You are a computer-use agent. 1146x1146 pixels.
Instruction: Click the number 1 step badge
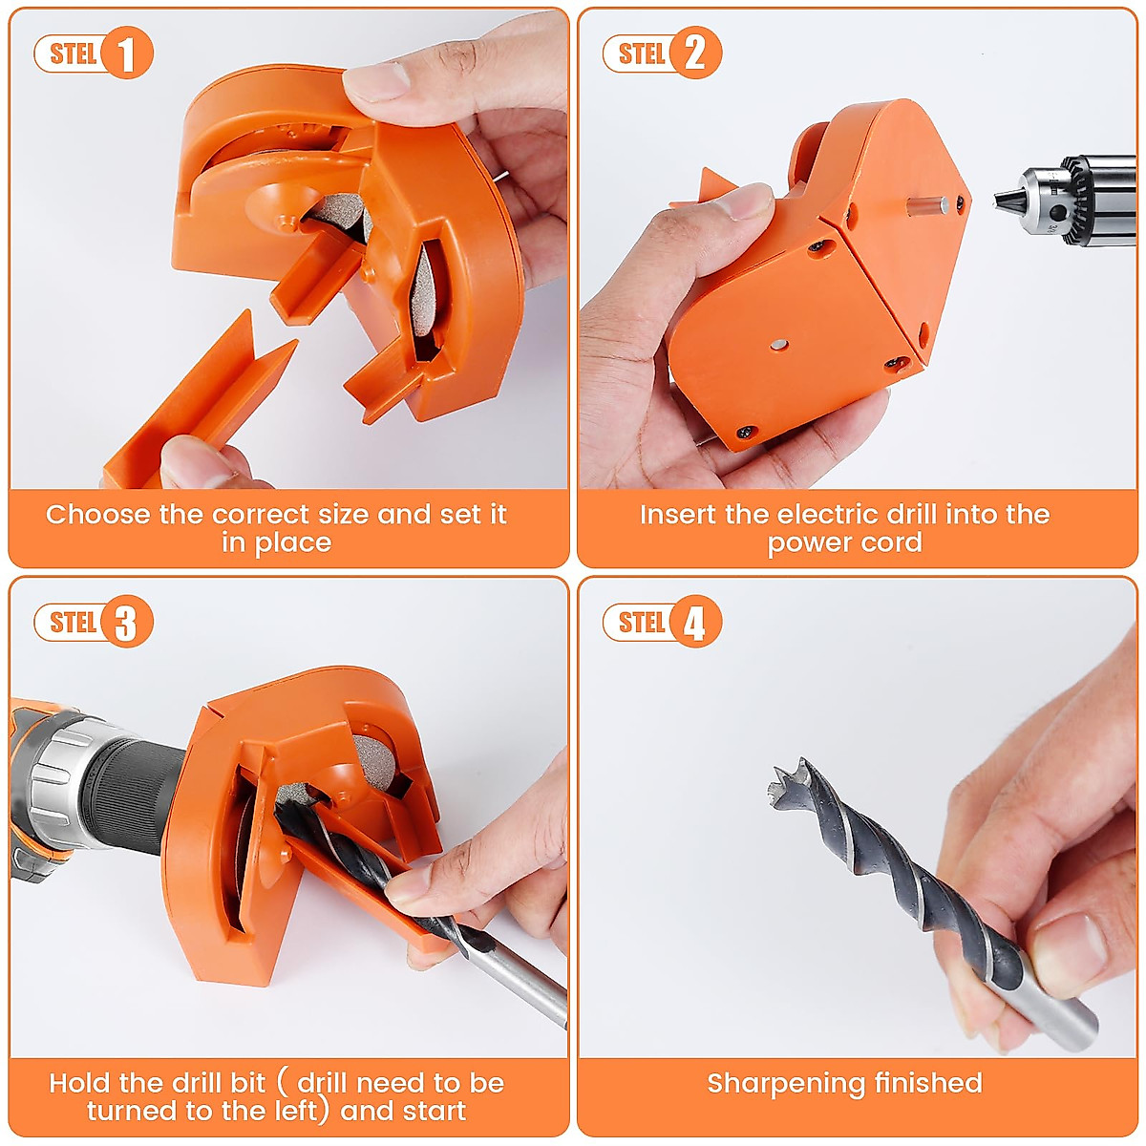(x=125, y=53)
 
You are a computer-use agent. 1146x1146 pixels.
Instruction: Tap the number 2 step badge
(x=694, y=53)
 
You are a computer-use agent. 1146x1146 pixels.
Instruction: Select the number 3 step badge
(x=125, y=623)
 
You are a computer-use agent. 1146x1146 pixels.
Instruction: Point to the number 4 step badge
(x=694, y=623)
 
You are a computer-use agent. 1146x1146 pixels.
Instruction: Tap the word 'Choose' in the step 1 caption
(x=98, y=515)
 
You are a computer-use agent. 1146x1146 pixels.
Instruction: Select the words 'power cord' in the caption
(x=844, y=543)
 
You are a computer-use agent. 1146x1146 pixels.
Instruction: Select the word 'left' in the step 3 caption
(x=287, y=1112)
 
